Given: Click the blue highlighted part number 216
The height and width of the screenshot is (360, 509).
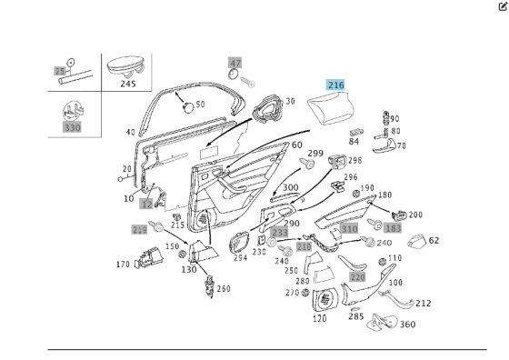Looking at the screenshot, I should tap(335, 85).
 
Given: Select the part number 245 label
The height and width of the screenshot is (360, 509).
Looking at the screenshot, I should tap(127, 83).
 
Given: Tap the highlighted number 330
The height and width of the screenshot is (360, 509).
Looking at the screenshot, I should tap(72, 127).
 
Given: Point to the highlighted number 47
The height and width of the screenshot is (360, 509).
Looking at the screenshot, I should tap(235, 63).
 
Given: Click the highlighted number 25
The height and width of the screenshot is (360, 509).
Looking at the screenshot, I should tap(61, 70).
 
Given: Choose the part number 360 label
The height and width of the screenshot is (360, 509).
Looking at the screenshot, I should tap(407, 325).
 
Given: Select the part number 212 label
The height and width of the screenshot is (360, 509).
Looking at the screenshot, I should tap(424, 304).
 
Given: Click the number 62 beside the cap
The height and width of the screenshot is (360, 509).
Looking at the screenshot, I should tap(434, 241).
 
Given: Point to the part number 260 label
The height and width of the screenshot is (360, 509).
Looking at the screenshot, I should tap(224, 289).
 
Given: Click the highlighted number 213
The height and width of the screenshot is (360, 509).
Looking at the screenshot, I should tap(139, 230).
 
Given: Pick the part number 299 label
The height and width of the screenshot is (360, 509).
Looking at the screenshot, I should tap(314, 153).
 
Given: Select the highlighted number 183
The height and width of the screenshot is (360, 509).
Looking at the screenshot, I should tap(393, 229).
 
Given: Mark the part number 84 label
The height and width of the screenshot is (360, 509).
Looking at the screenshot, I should tap(354, 141).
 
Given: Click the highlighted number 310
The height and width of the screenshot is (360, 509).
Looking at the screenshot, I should tap(349, 229).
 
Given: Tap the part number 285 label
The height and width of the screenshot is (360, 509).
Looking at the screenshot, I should tap(355, 317).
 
